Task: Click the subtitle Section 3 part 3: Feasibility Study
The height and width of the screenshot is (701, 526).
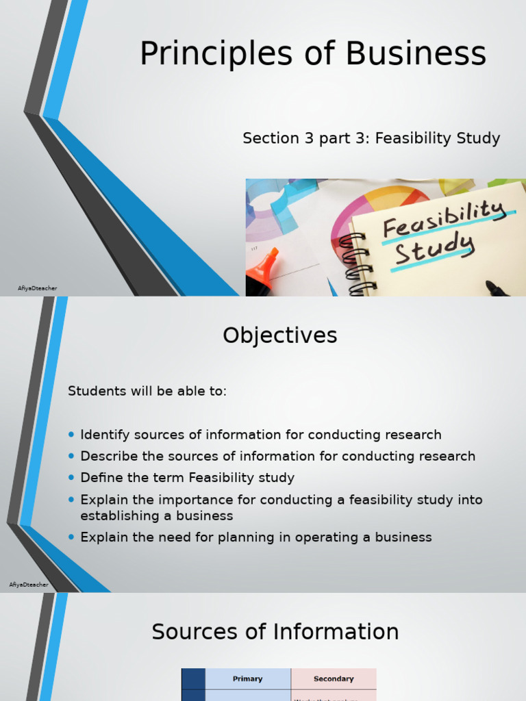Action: [x=371, y=138]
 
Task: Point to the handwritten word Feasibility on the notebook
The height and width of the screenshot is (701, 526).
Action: [x=444, y=218]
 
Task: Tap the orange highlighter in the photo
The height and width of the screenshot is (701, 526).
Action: [x=263, y=269]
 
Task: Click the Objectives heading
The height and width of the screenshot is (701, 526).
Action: [x=280, y=335]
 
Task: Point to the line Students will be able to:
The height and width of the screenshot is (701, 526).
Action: [x=147, y=392]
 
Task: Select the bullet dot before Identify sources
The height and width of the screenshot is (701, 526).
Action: [x=72, y=435]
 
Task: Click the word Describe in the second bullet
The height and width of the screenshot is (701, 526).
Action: [x=108, y=456]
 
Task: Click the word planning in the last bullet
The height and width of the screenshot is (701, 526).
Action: [x=243, y=537]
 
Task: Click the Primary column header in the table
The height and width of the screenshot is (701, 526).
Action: [x=247, y=679]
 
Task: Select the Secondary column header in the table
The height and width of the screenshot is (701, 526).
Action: [x=334, y=679]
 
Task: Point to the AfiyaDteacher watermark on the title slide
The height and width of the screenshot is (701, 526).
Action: [x=37, y=288]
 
